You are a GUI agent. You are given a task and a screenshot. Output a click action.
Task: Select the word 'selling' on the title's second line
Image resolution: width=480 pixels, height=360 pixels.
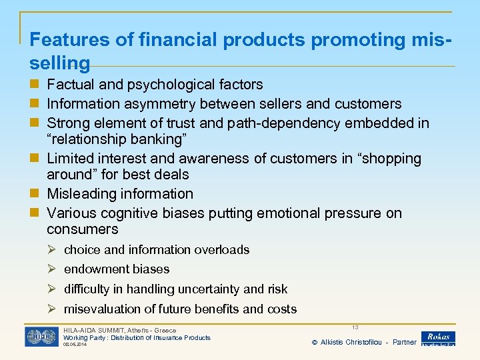point(59,64)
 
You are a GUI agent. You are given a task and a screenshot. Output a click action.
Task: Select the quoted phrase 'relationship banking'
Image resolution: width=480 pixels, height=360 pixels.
point(117,139)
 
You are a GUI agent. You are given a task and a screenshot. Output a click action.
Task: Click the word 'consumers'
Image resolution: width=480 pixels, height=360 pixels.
point(82,229)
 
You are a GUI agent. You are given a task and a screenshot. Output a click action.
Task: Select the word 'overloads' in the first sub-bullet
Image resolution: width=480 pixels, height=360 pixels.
point(222,250)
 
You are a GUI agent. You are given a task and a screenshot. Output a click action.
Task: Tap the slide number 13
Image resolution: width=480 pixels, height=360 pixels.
point(355,327)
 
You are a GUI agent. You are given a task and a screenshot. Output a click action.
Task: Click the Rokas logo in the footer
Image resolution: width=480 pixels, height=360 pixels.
point(438,338)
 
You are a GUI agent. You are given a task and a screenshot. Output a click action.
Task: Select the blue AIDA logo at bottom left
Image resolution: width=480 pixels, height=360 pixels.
point(41,337)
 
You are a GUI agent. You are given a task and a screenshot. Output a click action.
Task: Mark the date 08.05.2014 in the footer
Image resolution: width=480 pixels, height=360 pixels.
point(75,345)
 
